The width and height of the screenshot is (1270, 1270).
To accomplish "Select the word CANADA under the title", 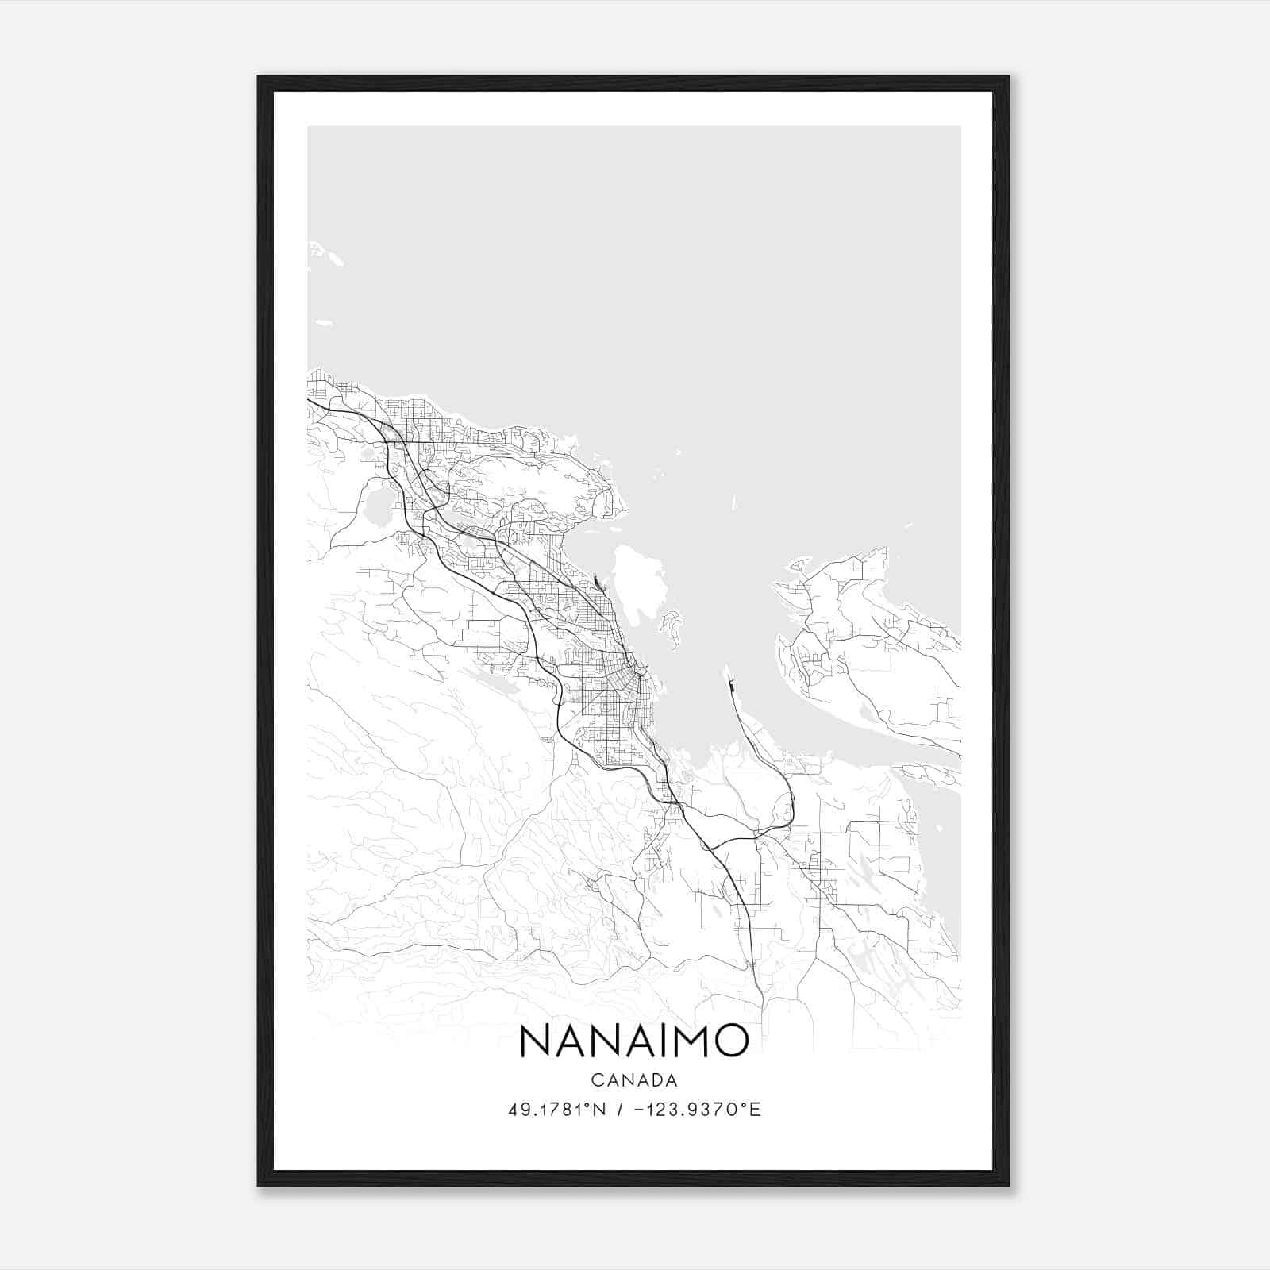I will (x=633, y=1080).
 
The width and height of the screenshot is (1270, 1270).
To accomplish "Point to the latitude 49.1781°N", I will (x=557, y=1110).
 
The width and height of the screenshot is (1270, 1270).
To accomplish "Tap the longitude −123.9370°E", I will (x=698, y=1110).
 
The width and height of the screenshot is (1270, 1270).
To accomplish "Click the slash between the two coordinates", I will (x=619, y=1110).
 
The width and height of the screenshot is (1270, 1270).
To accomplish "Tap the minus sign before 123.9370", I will (x=639, y=1110).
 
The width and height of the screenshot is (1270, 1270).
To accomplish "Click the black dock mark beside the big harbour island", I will (x=598, y=585).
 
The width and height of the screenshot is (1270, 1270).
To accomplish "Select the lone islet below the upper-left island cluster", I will (x=323, y=323).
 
